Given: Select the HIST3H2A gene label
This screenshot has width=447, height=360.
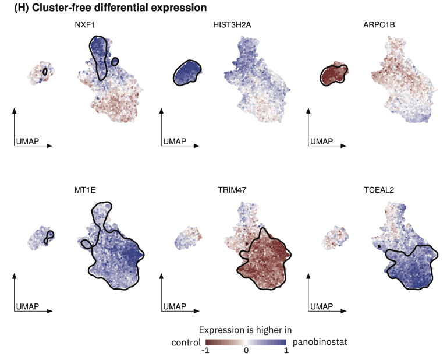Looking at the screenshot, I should coord(232,26).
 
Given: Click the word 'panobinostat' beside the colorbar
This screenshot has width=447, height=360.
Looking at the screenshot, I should coord(320,342).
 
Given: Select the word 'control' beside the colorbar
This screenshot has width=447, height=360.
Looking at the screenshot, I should coord(186,342).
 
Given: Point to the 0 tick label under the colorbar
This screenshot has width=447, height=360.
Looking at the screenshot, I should coord(246,351).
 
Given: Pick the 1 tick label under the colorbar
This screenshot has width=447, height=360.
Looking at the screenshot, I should coord(286,351).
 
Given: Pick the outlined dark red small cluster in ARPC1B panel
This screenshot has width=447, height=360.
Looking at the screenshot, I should coord(334,75).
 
